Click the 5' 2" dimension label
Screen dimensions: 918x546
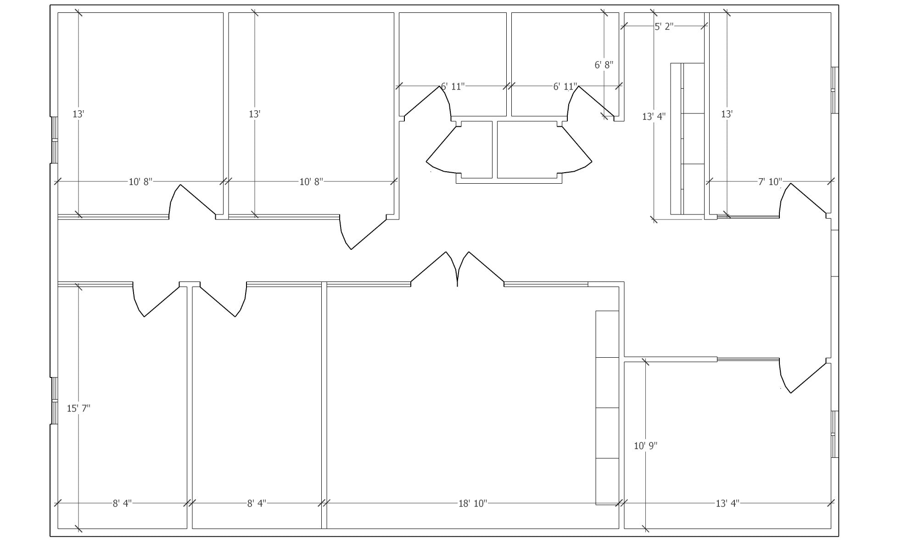pyautogui.click(x=664, y=27)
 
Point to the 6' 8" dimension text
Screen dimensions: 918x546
pyautogui.click(x=604, y=65)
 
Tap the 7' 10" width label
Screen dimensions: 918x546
pyautogui.click(x=770, y=182)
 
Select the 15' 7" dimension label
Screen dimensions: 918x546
pyautogui.click(x=78, y=408)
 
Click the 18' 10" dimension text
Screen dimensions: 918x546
pyautogui.click(x=473, y=504)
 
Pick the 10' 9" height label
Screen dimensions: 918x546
pyautogui.click(x=645, y=446)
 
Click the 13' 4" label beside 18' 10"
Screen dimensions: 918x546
pyautogui.click(x=728, y=504)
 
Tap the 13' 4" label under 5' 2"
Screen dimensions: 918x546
pyautogui.click(x=654, y=117)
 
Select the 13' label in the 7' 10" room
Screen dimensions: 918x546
pyautogui.click(x=726, y=114)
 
